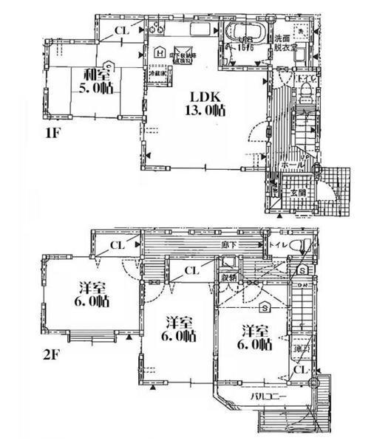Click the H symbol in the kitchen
(x=160, y=52)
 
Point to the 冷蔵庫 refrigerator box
(x=157, y=75)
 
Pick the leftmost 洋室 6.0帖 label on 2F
(x=92, y=295)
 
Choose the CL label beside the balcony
(x=299, y=368)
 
